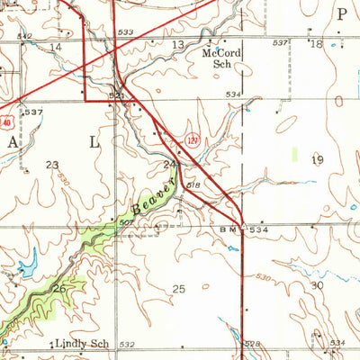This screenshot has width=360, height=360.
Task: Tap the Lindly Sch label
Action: click(x=82, y=344)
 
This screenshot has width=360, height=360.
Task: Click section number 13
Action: click(x=178, y=44)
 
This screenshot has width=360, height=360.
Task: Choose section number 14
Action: click(x=56, y=46)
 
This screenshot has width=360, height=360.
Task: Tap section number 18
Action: click(x=315, y=43)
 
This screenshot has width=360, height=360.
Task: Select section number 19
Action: click(x=317, y=159)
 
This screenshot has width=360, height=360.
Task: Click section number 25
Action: click(x=178, y=288)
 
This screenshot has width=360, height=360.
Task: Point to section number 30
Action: click(x=316, y=284)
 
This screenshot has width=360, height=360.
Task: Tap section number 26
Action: click(x=58, y=288)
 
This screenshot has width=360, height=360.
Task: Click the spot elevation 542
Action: click(x=24, y=36)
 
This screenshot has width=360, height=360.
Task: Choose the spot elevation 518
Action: click(x=194, y=184)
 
